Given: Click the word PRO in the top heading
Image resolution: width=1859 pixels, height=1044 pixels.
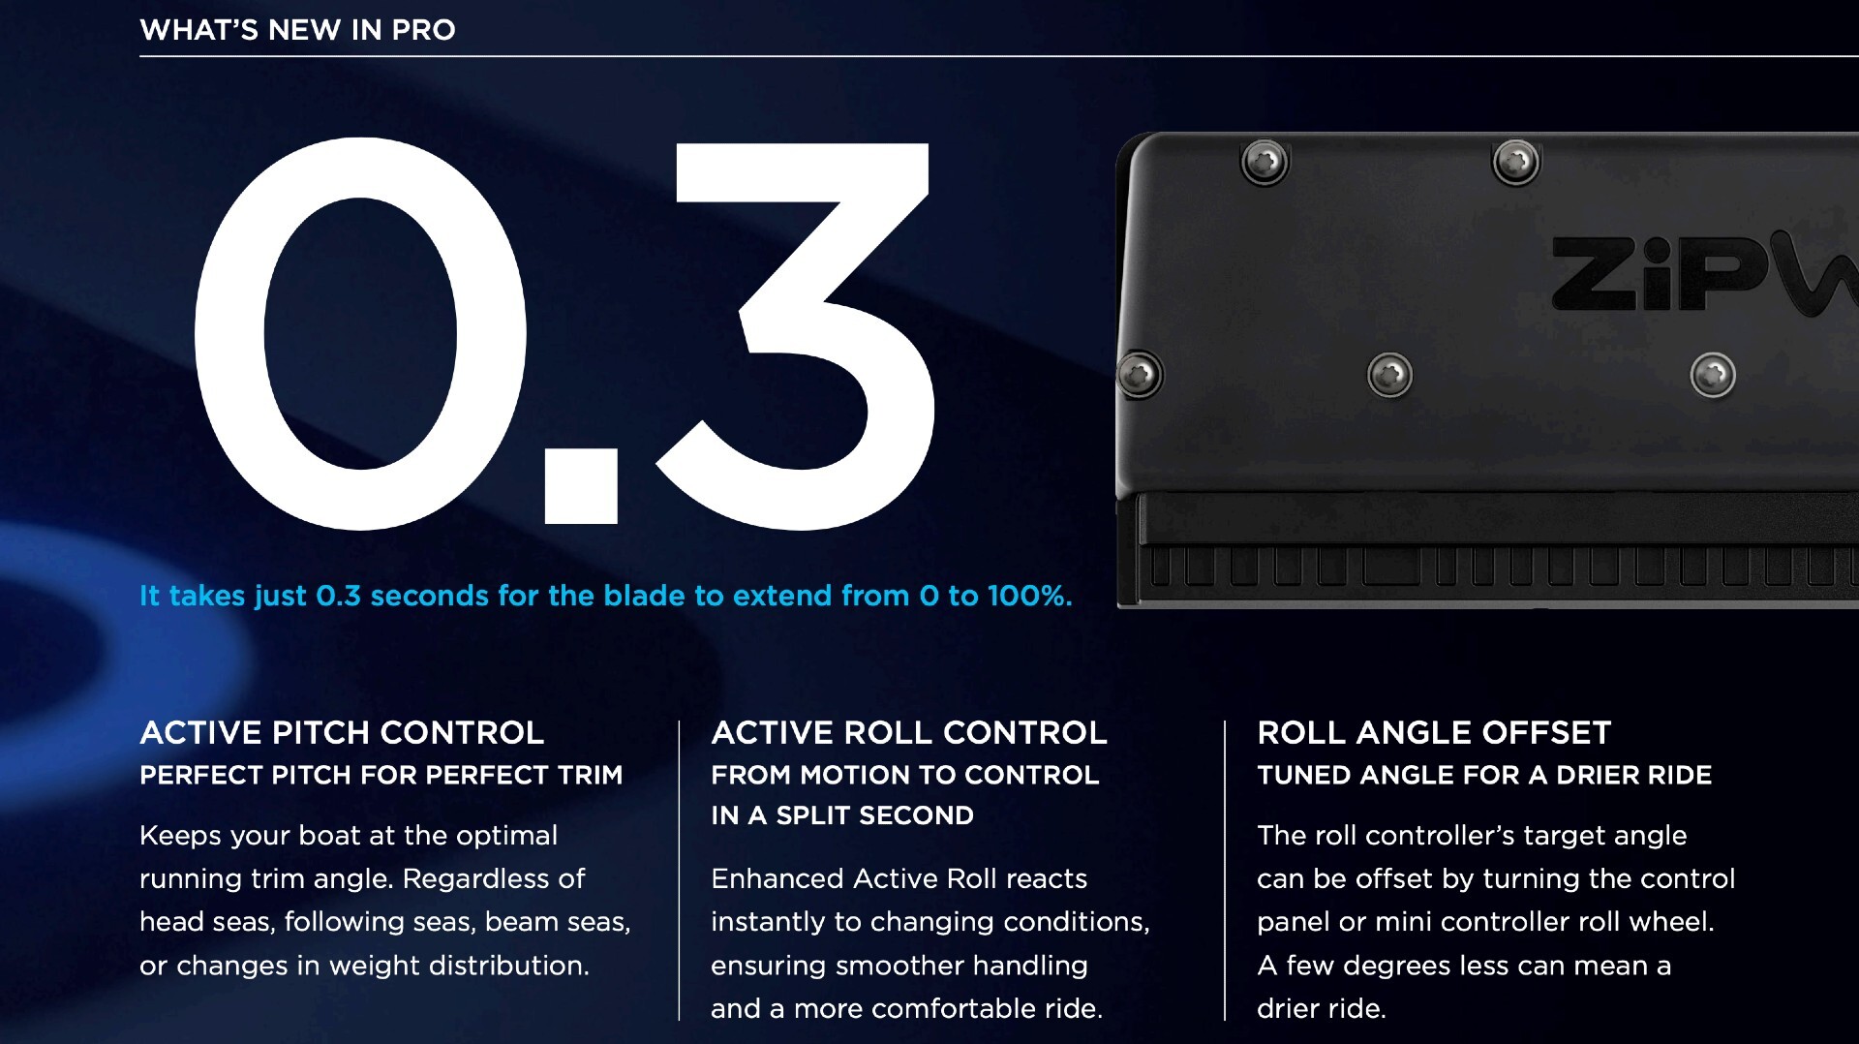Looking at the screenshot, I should (423, 30).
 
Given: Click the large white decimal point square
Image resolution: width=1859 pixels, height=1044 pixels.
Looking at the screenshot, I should (581, 486).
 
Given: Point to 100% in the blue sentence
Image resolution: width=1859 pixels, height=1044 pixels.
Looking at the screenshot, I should (1028, 596).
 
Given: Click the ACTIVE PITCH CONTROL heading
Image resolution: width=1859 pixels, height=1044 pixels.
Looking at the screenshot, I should (342, 733).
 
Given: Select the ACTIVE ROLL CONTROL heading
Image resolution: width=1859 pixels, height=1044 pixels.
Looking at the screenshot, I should (908, 733).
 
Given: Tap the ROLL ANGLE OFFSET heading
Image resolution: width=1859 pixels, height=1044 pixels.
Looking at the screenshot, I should (1433, 733).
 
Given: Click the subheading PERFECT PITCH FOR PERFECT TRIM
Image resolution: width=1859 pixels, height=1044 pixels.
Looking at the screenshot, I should (381, 776).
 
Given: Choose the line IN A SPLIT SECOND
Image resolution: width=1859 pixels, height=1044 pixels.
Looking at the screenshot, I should (841, 815).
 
